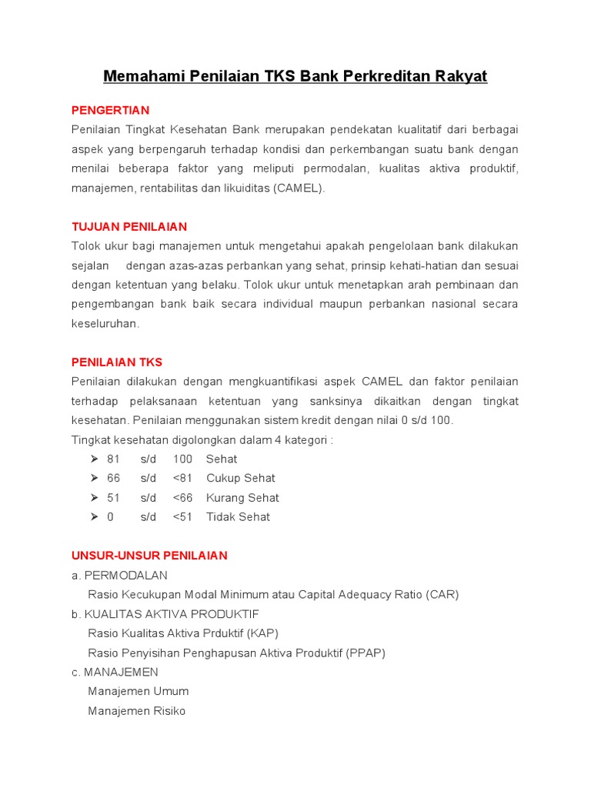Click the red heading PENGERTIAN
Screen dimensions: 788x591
[110, 110]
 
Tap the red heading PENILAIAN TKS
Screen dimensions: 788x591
[117, 362]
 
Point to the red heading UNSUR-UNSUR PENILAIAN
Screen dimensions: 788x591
[149, 556]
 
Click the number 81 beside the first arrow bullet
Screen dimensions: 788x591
[113, 459]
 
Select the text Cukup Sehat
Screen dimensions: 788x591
[240, 479]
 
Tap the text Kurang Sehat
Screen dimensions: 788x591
[242, 498]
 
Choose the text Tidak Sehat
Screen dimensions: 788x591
[238, 517]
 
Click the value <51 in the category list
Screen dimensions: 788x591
[182, 517]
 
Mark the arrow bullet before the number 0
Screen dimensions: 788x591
[94, 517]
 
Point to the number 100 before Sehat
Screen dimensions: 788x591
[182, 459]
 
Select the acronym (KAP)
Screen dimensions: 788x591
[262, 633]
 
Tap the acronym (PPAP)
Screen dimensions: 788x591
[366, 653]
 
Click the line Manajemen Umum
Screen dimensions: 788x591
[139, 692]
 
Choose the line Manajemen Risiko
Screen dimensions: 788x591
[137, 711]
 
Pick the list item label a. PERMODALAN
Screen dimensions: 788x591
[119, 576]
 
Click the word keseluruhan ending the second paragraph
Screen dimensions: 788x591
[106, 324]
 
